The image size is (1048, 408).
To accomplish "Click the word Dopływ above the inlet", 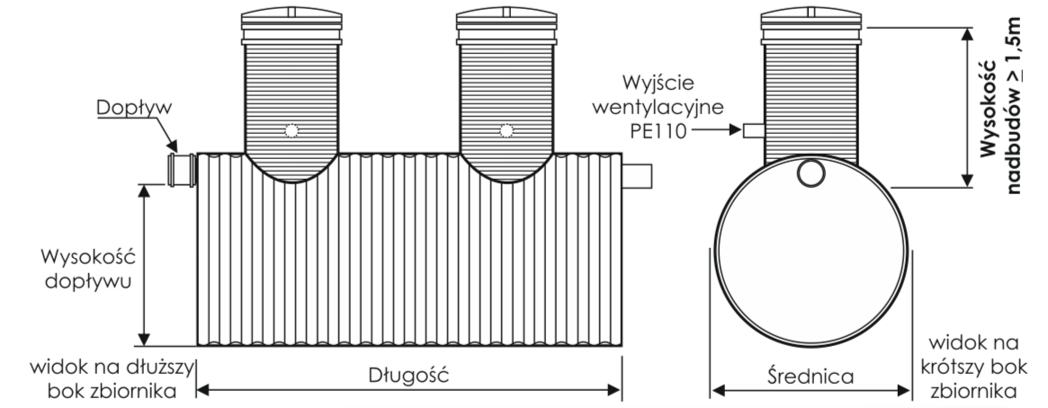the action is [x=134, y=108].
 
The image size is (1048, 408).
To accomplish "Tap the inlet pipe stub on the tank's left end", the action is [x=182, y=170].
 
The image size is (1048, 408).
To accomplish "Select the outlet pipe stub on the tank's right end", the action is [x=637, y=176].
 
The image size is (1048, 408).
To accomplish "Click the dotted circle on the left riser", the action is [x=291, y=131].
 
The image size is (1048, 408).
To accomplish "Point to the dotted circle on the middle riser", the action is [x=506, y=131].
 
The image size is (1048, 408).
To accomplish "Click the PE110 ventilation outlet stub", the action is [x=754, y=130].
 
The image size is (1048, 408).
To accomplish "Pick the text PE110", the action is [x=658, y=131].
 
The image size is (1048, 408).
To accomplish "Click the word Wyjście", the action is [x=658, y=84].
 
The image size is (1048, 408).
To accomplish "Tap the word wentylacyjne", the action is [x=658, y=107].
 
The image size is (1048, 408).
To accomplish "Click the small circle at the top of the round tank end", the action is [x=811, y=173].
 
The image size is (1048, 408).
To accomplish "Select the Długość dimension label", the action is [x=409, y=375].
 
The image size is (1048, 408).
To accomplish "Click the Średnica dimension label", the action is [x=811, y=376].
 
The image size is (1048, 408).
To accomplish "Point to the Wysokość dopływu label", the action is [x=88, y=269].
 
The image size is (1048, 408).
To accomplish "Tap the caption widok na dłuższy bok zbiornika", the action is [x=112, y=378].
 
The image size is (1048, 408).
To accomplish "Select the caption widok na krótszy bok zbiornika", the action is [x=974, y=367].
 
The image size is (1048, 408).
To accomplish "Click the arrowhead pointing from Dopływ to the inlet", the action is [x=172, y=146].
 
